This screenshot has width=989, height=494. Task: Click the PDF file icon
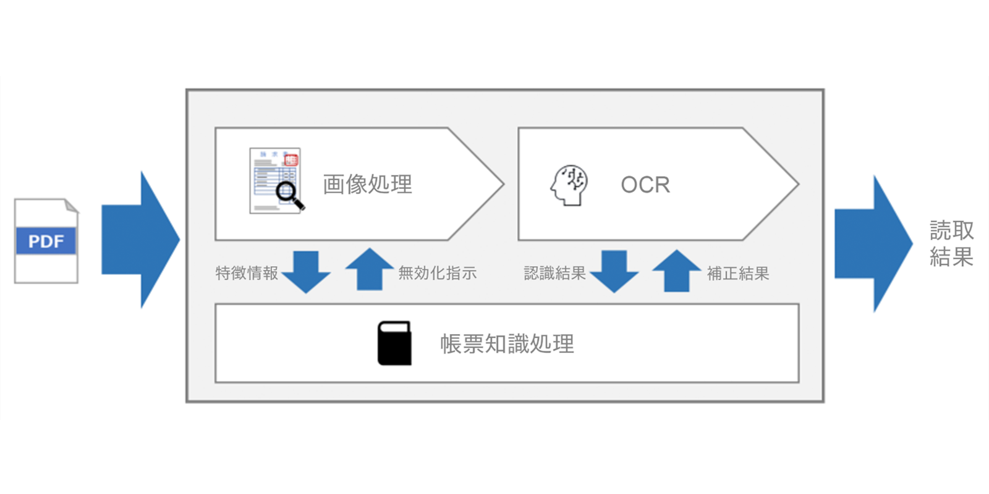tap(46, 241)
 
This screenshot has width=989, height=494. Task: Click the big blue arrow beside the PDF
tap(139, 240)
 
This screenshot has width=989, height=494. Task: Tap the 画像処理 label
tap(367, 184)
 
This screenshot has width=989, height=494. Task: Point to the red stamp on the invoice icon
tap(291, 160)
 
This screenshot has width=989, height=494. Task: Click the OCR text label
tap(645, 185)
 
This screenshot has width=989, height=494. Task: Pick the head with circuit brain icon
tap(569, 185)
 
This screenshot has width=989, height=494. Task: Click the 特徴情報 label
tap(247, 273)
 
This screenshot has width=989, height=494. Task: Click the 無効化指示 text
tap(438, 273)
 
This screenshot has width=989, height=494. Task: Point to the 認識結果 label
tap(554, 273)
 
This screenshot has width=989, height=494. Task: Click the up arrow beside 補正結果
tap(677, 270)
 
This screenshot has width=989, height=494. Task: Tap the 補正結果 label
tap(738, 273)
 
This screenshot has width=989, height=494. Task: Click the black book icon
tap(394, 343)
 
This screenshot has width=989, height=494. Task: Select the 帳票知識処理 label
tap(507, 344)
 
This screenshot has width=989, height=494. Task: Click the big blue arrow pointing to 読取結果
tap(872, 243)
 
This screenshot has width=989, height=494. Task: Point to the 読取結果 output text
tap(951, 243)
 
